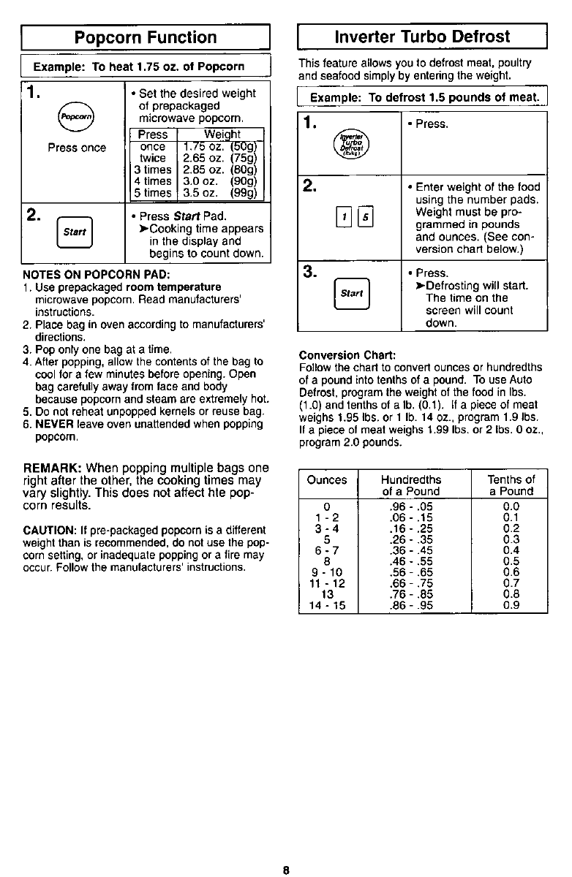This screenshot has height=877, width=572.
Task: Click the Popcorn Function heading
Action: (x=147, y=37)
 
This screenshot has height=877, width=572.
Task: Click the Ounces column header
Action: (x=326, y=479)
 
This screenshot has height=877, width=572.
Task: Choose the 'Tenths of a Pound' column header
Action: (x=511, y=485)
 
